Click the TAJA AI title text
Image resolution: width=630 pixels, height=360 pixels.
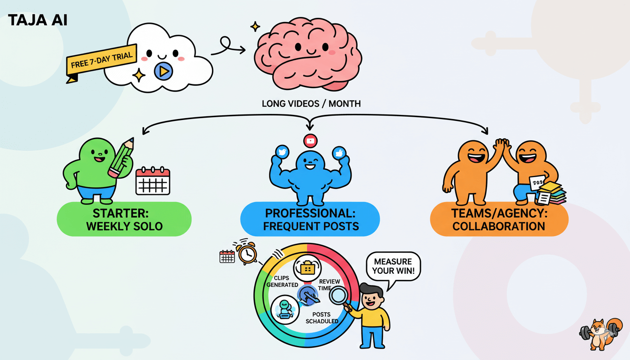pos(37,21)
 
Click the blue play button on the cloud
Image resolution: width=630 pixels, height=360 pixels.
pos(163,71)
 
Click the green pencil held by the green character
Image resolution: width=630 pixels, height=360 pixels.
pos(121,157)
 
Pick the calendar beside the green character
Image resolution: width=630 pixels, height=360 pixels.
pos(152,181)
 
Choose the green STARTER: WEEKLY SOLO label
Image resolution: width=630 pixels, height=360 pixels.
pos(124,219)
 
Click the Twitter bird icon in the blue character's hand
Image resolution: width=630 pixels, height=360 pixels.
pos(282,152)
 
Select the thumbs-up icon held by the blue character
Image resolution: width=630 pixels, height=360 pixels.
pos(339,152)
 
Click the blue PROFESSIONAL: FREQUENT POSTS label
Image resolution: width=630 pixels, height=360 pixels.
pos(310,219)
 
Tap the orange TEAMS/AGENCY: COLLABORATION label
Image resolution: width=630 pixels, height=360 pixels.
pos(499,219)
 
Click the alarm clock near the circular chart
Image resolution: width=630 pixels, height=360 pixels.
pos(247,253)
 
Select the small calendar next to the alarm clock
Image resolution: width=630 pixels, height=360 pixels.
pos(227,256)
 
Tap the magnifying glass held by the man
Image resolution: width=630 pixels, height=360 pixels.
pos(338,296)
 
